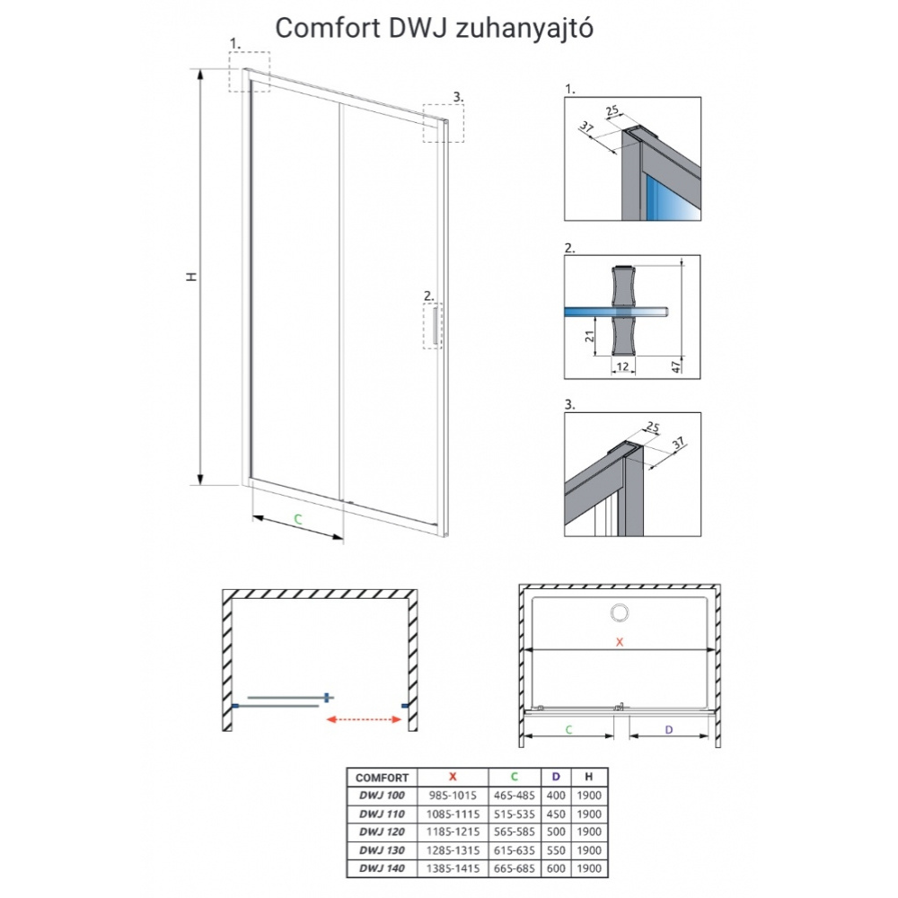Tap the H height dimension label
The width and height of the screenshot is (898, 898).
click(190, 277)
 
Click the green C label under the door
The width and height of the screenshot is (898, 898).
click(297, 519)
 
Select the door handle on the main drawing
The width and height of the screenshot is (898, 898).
click(436, 325)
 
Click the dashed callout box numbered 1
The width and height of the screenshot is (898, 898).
click(249, 70)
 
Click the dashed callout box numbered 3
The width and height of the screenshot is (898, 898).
click(444, 122)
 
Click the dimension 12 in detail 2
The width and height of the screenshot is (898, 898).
click(621, 366)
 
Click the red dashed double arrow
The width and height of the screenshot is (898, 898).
click(363, 718)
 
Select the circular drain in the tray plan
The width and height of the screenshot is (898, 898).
click(620, 613)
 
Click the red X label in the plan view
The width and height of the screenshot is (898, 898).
click(619, 641)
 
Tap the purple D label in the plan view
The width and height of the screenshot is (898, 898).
click(669, 729)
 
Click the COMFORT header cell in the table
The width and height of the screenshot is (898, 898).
click(383, 778)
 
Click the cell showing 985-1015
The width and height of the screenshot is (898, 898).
click(453, 796)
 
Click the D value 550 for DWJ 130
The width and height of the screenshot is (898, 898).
click(557, 850)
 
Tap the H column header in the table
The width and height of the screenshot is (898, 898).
click(588, 778)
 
